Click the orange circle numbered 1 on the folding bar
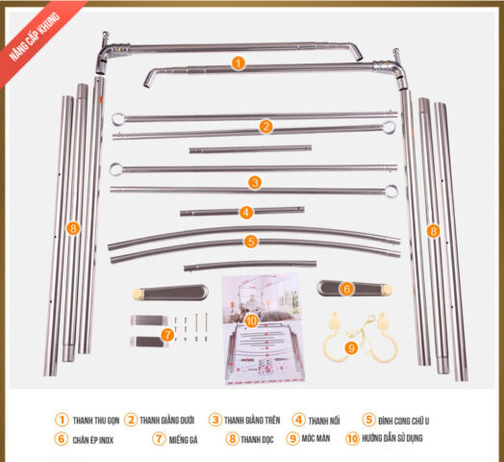[x=239, y=63]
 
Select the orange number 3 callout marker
[x=254, y=181]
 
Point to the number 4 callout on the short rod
[x=246, y=212]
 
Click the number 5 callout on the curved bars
[x=250, y=242]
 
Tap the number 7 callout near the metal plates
[x=167, y=334]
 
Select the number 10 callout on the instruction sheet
[x=251, y=321]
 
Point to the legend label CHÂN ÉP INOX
[x=96, y=439]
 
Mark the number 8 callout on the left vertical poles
[x=73, y=228]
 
